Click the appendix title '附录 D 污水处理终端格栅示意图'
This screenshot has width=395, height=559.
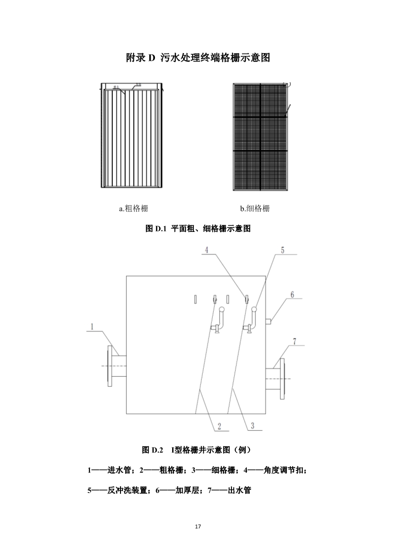click(198, 58)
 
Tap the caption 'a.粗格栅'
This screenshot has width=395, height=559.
click(130, 208)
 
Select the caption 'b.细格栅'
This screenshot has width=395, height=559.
click(254, 208)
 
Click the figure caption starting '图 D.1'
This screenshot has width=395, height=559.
click(197, 229)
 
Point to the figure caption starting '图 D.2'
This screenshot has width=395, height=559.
click(197, 450)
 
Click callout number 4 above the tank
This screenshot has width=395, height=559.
click(207, 250)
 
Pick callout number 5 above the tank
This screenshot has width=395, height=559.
click(282, 250)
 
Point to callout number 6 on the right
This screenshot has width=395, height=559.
click(292, 295)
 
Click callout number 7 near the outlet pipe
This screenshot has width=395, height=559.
click(295, 341)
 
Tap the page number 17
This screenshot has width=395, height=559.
click(197, 526)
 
